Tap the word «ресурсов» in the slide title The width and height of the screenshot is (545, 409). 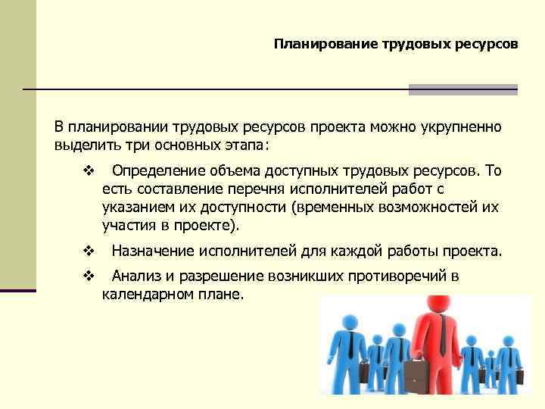pos(487,45)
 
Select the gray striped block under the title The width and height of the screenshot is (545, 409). pos(462,89)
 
